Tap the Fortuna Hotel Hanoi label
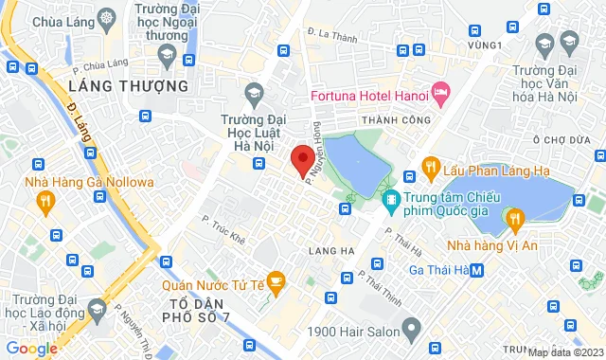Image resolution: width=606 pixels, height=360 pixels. click(x=369, y=96)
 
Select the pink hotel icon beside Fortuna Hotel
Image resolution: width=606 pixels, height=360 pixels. click(x=440, y=91)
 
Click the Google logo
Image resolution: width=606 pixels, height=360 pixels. click(x=31, y=349)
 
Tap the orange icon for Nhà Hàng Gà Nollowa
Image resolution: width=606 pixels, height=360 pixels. click(x=45, y=200)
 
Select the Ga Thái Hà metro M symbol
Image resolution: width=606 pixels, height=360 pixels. click(x=477, y=270)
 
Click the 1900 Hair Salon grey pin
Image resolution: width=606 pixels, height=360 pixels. click(x=411, y=331)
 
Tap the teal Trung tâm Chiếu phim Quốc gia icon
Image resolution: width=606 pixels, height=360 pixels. click(x=390, y=199)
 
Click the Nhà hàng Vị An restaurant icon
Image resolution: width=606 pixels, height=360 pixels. click(x=515, y=220)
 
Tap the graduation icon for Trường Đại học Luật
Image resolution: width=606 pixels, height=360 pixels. click(x=253, y=93)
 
